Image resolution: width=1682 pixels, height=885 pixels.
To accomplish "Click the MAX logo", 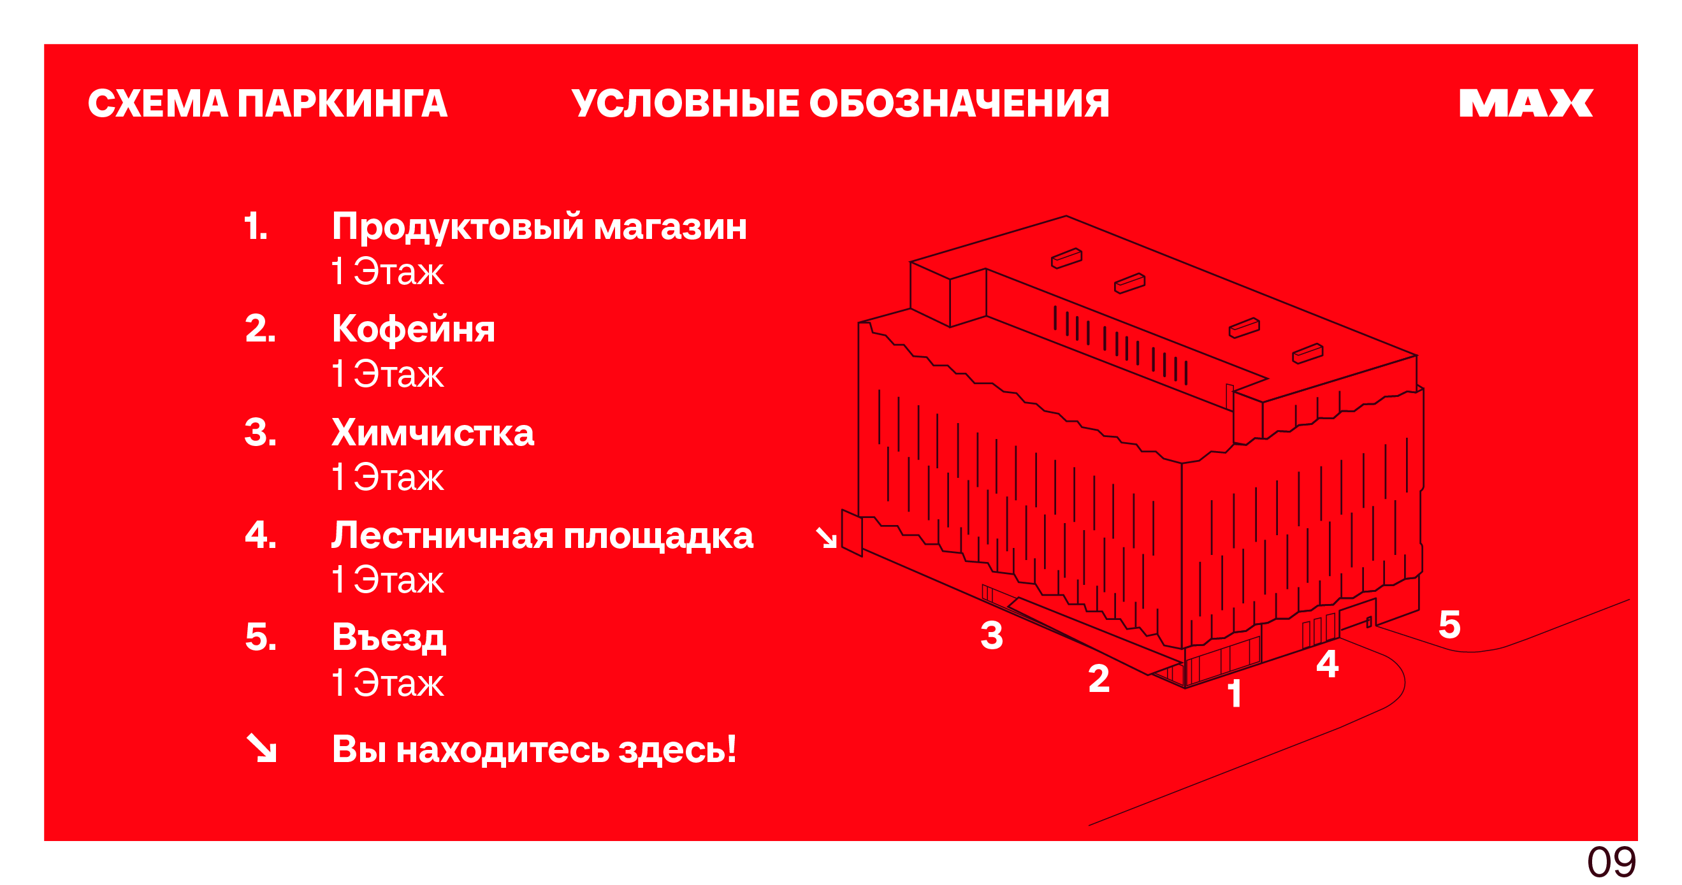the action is [1526, 103].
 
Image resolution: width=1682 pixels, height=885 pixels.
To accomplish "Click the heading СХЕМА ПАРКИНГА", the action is [268, 104].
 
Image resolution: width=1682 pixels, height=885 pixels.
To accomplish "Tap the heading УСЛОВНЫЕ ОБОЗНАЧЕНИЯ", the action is [840, 104].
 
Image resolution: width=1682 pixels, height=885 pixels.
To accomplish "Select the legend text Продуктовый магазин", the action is [539, 227].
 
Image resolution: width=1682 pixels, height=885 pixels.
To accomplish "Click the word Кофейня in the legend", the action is [413, 328].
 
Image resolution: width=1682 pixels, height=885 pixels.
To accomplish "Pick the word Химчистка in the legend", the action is [433, 433].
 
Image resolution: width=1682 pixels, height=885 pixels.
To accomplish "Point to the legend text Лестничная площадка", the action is [542, 536].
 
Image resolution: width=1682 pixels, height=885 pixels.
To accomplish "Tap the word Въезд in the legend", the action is [389, 638].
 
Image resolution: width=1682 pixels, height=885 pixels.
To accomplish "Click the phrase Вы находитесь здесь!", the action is [534, 749].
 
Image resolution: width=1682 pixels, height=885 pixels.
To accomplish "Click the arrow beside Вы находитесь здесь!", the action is [261, 748].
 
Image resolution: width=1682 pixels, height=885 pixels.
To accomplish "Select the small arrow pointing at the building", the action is [826, 538].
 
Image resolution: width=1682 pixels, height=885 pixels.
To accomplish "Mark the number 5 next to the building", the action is [1449, 624].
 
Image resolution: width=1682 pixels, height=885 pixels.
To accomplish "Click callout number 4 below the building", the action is [1328, 665].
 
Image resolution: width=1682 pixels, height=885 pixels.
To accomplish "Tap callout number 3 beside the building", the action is [992, 636].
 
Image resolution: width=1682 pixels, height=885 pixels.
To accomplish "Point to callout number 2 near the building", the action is [1099, 678].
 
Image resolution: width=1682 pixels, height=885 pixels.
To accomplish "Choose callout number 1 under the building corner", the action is [1234, 693].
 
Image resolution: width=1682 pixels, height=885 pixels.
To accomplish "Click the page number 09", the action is [1611, 863].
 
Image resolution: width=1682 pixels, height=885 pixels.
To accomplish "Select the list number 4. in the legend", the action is [261, 535].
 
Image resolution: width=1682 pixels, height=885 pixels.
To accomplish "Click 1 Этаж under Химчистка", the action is [388, 477].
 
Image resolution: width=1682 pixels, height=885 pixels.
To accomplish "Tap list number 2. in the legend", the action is [261, 328].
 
